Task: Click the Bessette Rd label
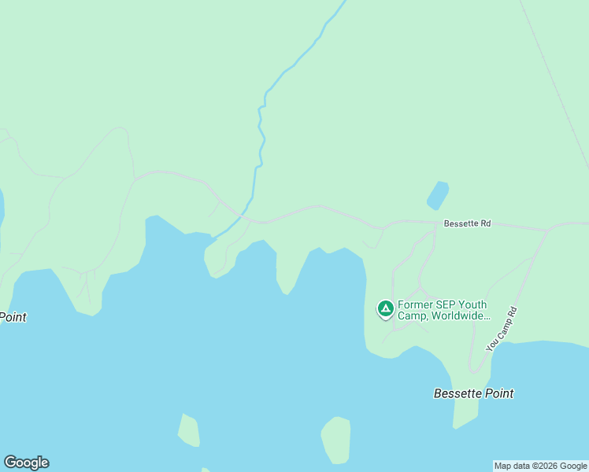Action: [x=467, y=223]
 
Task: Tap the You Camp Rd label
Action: [x=502, y=329]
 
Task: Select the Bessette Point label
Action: [x=473, y=393]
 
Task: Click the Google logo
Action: [x=26, y=463]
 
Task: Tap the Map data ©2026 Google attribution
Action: [x=540, y=466]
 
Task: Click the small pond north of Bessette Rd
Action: [x=438, y=195]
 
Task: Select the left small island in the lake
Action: [x=189, y=430]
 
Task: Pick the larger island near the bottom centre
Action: [x=336, y=438]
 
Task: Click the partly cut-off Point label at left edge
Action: [x=13, y=317]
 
